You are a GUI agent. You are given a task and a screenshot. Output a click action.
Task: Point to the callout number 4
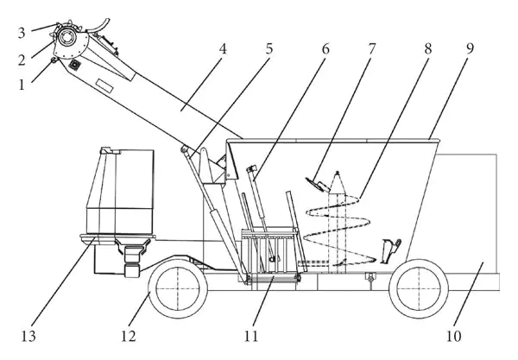pyautogui.click(x=224, y=49)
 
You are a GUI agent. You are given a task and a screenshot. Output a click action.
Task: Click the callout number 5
pyautogui.click(x=269, y=49)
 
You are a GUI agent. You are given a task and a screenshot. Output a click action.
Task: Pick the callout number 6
pyautogui.click(x=325, y=49)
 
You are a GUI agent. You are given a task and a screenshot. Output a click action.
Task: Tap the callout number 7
pyautogui.click(x=372, y=49)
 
